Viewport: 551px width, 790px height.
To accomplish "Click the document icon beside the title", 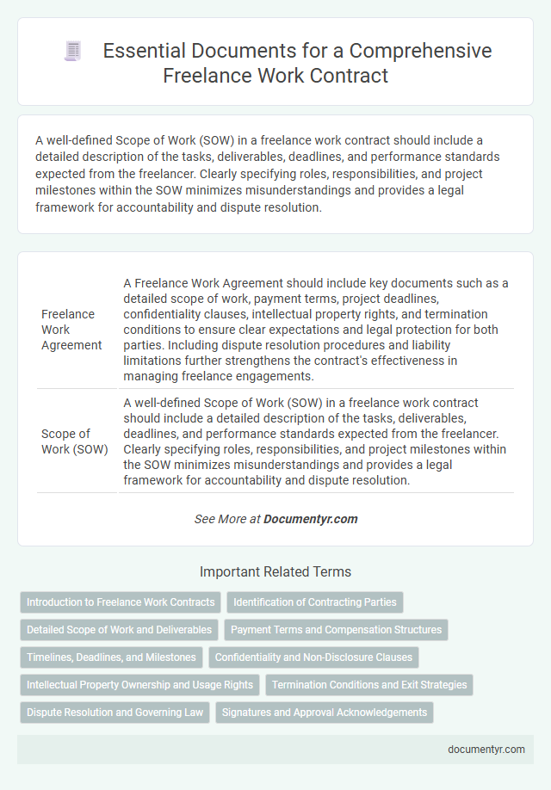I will pos(73,52).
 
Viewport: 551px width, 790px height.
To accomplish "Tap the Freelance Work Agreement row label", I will pos(72,330).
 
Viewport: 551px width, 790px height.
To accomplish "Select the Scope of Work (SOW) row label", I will pos(74,441).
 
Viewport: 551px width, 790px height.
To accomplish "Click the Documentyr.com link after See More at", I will pos(310,519).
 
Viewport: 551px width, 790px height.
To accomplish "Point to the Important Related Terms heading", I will pos(275,571).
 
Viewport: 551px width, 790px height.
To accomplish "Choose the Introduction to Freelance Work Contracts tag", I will pos(121,602).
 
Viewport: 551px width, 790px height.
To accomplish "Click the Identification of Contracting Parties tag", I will pos(315,602).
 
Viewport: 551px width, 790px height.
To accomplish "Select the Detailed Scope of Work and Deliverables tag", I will pos(119,630).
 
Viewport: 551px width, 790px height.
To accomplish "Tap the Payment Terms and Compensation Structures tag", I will pos(336,630).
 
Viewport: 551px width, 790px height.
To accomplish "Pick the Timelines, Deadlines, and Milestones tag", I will pos(111,657).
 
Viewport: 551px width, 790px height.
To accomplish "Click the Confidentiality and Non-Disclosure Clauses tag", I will pos(313,657).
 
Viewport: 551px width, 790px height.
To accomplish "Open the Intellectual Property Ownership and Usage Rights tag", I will pos(139,685).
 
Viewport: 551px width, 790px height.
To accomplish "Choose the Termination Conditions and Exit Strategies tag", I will pos(369,685).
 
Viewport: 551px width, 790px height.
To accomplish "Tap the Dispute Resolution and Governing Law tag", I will pos(115,713).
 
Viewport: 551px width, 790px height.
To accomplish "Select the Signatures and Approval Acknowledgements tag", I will pos(324,713).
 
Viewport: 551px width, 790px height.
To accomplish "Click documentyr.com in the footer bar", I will pos(486,749).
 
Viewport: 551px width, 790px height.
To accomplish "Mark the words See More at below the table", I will pos(227,519).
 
